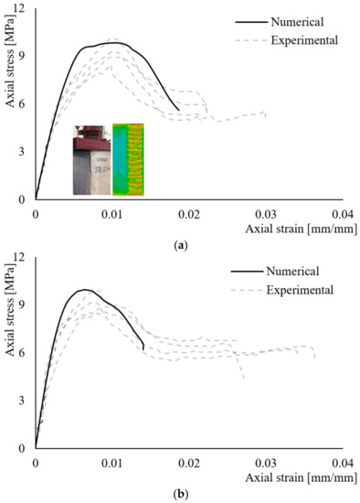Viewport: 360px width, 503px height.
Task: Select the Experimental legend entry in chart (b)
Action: (x=300, y=290)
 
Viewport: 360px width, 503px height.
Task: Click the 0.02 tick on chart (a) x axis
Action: (x=189, y=212)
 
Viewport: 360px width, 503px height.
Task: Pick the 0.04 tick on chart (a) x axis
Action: (x=343, y=212)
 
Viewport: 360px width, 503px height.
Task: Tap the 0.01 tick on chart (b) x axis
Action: (x=112, y=464)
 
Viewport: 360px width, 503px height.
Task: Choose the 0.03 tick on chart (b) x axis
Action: (x=266, y=464)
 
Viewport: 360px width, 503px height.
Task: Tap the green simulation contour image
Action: (x=129, y=161)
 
